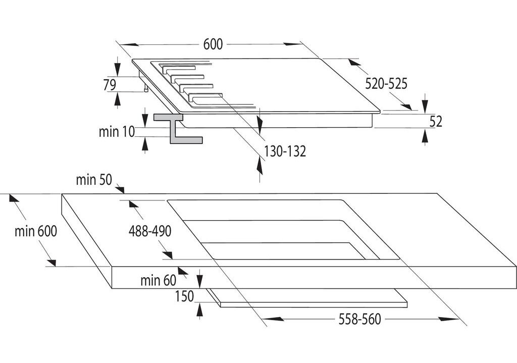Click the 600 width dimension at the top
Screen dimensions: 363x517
coord(213,44)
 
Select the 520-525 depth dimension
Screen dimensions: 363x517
coord(386,84)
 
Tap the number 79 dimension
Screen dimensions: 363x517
coord(110,85)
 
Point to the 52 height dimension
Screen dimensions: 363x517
coord(436,121)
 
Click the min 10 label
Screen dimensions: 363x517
coord(117,132)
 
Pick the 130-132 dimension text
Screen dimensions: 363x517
coord(285,151)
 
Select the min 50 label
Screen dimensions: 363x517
coord(94,180)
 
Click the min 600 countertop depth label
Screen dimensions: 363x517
coord(35,232)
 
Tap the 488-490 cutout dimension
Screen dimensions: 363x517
coord(150,231)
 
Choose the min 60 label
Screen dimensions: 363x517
coord(159,280)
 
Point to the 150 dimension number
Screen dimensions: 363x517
coord(184,296)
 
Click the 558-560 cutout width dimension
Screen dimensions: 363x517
coord(359,319)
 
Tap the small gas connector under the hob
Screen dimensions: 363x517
coord(146,89)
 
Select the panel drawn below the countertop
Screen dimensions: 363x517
coord(313,301)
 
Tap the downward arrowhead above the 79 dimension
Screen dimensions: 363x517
coord(118,70)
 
